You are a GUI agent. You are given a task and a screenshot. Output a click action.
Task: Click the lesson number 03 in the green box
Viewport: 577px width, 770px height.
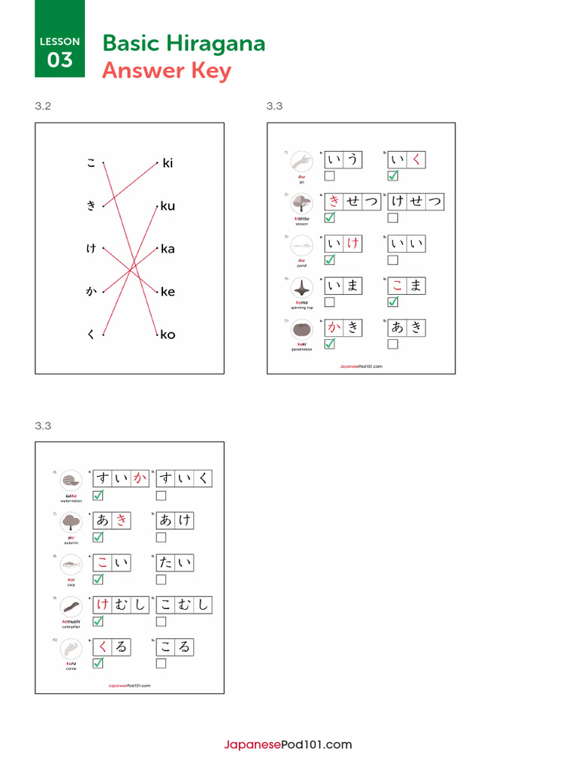click(x=59, y=60)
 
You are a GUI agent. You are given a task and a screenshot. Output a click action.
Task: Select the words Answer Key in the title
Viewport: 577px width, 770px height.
click(x=166, y=71)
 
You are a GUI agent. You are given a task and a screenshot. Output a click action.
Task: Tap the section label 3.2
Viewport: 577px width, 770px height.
click(x=43, y=106)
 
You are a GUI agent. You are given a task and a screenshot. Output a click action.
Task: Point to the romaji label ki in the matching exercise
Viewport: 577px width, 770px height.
click(x=168, y=163)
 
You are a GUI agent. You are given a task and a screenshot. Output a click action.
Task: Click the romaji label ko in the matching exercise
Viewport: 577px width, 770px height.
click(x=168, y=335)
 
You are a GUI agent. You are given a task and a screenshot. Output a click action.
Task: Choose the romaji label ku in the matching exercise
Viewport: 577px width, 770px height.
click(x=168, y=206)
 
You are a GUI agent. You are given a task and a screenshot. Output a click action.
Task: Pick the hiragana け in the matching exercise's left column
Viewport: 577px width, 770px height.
click(x=91, y=249)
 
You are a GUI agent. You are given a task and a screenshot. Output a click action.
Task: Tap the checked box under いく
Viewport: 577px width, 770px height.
click(x=393, y=176)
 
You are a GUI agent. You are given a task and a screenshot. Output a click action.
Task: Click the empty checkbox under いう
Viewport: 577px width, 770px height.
click(x=329, y=176)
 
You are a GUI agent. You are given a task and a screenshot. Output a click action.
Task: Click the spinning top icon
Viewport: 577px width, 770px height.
click(x=302, y=288)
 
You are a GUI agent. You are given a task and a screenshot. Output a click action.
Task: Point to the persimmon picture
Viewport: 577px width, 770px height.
click(x=302, y=330)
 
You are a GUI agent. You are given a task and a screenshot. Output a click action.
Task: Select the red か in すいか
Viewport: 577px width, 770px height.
click(x=139, y=478)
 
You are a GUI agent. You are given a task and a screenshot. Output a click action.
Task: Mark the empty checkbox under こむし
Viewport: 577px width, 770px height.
click(x=162, y=622)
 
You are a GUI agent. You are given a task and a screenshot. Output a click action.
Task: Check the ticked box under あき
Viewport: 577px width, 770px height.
click(x=98, y=538)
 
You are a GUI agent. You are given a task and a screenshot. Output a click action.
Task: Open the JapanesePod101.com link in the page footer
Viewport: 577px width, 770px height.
click(x=288, y=745)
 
